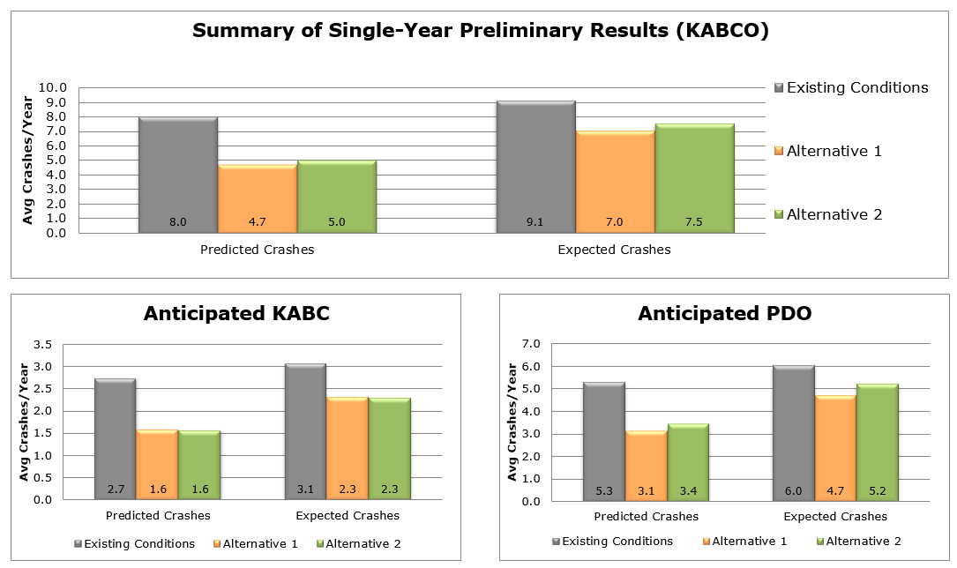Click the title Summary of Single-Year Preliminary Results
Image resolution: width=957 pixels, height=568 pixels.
[x=481, y=31]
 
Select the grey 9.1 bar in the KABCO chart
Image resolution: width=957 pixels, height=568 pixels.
[x=535, y=168]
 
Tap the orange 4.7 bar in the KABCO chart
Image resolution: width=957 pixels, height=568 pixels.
[x=258, y=198]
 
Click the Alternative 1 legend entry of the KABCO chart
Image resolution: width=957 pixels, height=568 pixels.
[x=834, y=151]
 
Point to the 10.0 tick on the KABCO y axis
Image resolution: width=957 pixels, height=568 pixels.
[x=52, y=88]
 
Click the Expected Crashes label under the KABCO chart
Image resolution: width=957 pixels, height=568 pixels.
[x=614, y=250]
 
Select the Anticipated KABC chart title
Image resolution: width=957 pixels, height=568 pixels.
[x=236, y=313]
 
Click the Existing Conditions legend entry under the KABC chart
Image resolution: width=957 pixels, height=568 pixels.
[x=138, y=543]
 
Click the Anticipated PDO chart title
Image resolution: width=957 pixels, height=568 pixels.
[x=724, y=313]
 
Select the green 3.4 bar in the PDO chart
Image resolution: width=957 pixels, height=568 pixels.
[x=688, y=462]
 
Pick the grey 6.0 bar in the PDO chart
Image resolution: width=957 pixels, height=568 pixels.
[x=794, y=433]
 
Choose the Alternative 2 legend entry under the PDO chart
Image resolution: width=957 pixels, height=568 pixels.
[x=860, y=542]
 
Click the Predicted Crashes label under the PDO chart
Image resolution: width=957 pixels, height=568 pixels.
[x=646, y=516]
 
